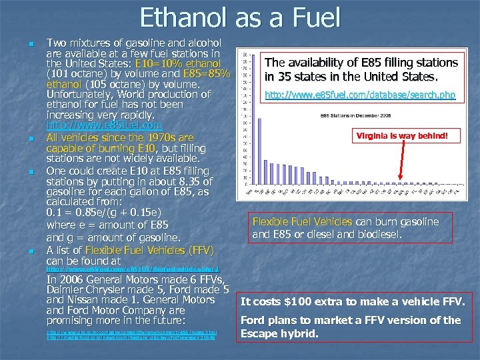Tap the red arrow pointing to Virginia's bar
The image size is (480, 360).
pos(407,160)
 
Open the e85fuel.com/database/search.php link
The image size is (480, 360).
pos(360,95)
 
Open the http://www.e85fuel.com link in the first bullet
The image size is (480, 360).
pos(103,125)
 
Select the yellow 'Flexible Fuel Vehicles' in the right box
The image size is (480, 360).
pos(301,221)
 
